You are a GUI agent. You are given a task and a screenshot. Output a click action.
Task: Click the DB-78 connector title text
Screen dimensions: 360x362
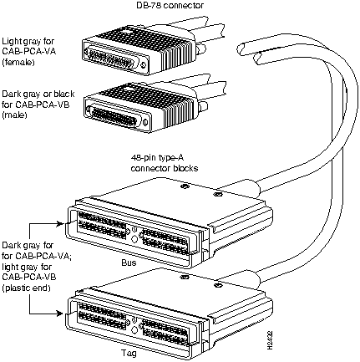click(x=170, y=5)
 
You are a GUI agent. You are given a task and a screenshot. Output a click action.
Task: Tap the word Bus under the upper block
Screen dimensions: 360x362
click(x=129, y=263)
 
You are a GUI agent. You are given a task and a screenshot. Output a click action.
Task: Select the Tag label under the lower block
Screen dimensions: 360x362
click(x=129, y=353)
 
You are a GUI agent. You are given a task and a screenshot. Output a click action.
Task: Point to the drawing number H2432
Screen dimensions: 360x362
click(x=270, y=340)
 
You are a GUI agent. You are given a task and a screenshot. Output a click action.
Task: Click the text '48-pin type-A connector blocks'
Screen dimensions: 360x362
click(x=165, y=163)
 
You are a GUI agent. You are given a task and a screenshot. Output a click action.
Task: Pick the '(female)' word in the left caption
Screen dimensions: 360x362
click(x=18, y=62)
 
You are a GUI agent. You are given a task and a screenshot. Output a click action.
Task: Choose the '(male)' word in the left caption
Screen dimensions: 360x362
click(x=14, y=115)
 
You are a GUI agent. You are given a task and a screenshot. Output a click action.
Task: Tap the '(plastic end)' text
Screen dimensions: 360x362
click(x=27, y=288)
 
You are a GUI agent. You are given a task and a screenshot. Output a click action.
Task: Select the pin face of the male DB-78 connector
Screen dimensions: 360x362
click(x=114, y=114)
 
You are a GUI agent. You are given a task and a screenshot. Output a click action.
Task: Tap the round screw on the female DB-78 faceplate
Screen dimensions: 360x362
click(x=144, y=65)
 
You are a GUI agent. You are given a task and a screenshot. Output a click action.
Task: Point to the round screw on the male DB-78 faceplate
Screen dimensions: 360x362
click(x=145, y=122)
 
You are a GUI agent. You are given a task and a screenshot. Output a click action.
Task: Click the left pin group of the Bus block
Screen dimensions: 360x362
click(x=102, y=226)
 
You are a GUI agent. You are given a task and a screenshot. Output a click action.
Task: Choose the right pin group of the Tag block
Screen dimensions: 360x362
click(x=165, y=332)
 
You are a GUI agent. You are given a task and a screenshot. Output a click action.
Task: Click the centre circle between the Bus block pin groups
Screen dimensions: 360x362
click(x=134, y=239)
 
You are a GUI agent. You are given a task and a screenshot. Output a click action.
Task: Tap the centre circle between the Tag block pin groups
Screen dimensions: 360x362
click(x=134, y=329)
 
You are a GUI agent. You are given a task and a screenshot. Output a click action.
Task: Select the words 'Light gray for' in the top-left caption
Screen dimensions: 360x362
click(x=28, y=42)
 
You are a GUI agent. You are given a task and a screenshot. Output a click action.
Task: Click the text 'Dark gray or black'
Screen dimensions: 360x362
click(x=38, y=94)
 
